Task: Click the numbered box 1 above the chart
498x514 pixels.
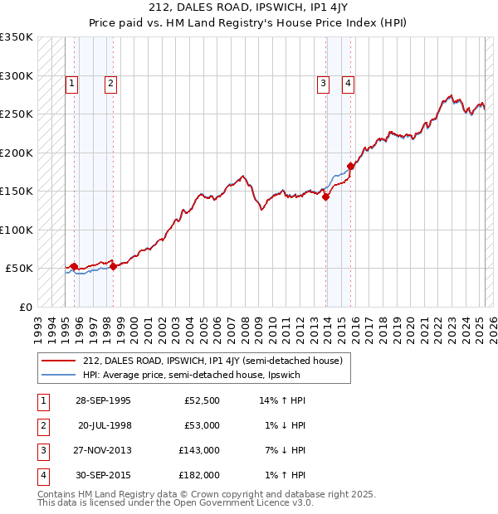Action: point(72,83)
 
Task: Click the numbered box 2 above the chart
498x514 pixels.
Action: point(110,83)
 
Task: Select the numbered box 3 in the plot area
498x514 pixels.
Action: point(322,83)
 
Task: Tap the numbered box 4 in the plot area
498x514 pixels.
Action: point(349,83)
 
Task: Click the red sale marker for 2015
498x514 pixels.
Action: point(351,166)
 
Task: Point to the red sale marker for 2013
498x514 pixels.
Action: point(326,196)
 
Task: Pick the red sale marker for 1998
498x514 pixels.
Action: point(113,266)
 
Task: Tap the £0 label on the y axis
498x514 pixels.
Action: point(24,307)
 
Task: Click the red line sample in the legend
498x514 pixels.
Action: point(59,361)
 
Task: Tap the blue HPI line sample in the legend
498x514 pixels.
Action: point(59,376)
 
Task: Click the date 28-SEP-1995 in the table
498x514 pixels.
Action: point(102,400)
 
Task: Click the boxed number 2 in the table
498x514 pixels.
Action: point(41,425)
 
